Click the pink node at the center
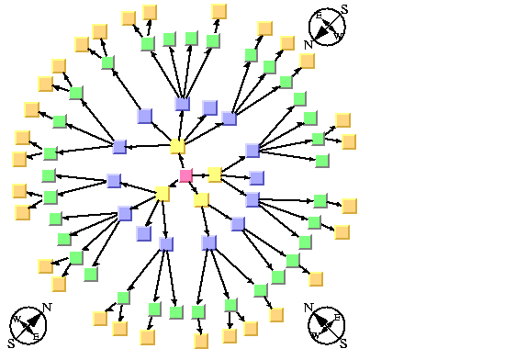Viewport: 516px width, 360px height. pyautogui.click(x=185, y=175)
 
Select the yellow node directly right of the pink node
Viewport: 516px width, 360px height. pyautogui.click(x=215, y=174)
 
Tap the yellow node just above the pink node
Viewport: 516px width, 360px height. pyautogui.click(x=177, y=147)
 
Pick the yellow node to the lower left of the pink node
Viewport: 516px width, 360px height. pyautogui.click(x=163, y=194)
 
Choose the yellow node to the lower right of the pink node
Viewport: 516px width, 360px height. pyautogui.click(x=202, y=199)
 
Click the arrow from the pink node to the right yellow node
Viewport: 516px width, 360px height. pyautogui.click(x=200, y=174)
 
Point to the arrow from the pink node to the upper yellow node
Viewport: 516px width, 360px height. pyautogui.click(x=182, y=162)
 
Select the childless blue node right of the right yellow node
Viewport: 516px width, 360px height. pyautogui.click(x=257, y=177)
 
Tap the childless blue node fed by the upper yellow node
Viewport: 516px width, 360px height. pyautogui.click(x=209, y=108)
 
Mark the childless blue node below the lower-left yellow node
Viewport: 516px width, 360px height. pyautogui.click(x=144, y=233)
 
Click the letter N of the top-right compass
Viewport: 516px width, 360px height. pyautogui.click(x=309, y=43)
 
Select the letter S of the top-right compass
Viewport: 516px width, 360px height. pyautogui.click(x=343, y=9)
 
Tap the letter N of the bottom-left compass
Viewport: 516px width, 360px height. pyautogui.click(x=47, y=308)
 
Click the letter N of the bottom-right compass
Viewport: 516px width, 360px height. pyautogui.click(x=309, y=308)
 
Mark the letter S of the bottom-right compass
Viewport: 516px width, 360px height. pyautogui.click(x=343, y=343)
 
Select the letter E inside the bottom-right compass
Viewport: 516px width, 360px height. pyautogui.click(x=337, y=318)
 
